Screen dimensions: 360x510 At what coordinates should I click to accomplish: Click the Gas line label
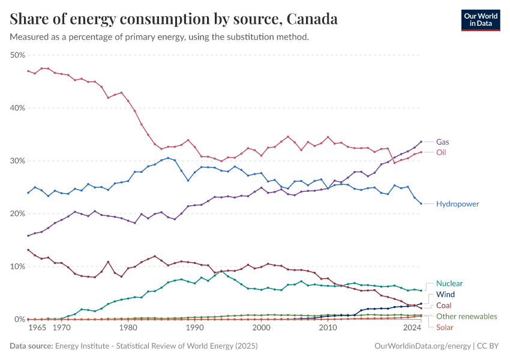(x=443, y=142)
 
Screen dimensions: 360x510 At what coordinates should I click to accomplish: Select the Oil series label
(x=442, y=152)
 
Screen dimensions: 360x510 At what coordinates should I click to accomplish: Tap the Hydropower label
(x=458, y=204)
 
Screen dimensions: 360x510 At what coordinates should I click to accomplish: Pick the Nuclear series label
(x=449, y=283)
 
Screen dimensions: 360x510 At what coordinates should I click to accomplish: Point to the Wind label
(x=446, y=295)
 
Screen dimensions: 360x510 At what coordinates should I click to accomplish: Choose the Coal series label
(x=445, y=305)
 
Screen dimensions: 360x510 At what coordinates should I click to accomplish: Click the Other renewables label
(x=466, y=316)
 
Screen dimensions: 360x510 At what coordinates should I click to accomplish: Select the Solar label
(x=445, y=326)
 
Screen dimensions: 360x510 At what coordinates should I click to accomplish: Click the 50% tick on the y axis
(x=17, y=55)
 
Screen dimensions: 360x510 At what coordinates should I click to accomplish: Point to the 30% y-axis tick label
(x=17, y=161)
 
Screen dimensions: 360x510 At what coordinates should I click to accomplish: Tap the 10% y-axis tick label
(x=17, y=266)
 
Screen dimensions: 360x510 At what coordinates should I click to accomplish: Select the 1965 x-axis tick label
(x=37, y=328)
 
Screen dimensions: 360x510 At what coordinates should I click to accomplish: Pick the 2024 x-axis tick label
(x=412, y=328)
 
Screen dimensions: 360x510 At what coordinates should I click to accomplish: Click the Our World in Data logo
(x=481, y=20)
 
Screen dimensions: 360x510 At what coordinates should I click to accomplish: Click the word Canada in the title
(x=312, y=19)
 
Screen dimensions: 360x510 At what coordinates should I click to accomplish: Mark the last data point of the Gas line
(x=421, y=142)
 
